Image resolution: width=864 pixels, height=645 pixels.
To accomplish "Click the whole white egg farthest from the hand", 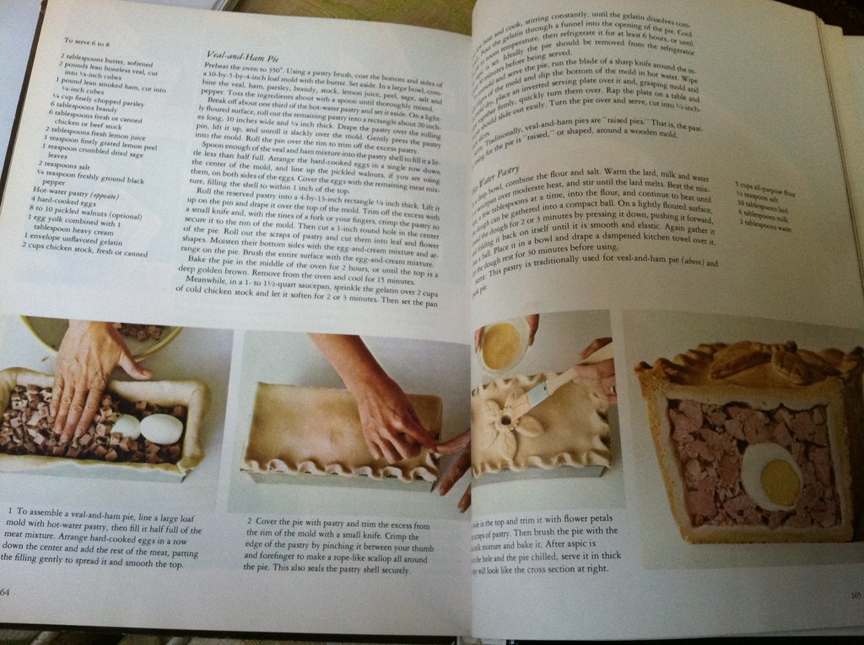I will tap(160, 428).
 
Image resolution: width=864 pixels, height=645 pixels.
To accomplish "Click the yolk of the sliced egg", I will tap(780, 481).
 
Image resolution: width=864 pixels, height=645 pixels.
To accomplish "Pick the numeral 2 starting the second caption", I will tap(250, 520).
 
